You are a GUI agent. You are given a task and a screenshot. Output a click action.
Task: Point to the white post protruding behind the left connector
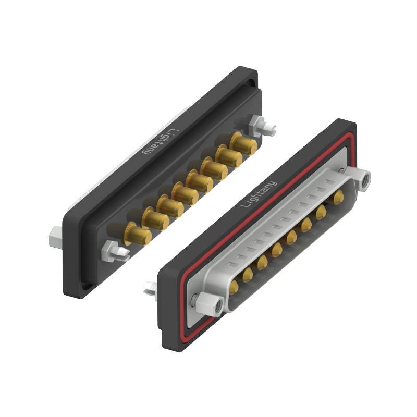tap(57, 239)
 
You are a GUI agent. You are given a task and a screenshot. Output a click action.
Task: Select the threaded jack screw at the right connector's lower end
tap(214, 303)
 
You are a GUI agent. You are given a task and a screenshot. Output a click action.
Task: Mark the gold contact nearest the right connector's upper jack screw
tap(338, 197)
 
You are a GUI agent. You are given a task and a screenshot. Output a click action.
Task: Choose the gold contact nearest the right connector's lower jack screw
tap(235, 285)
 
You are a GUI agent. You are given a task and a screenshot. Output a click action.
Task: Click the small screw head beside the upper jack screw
tap(341, 170)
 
